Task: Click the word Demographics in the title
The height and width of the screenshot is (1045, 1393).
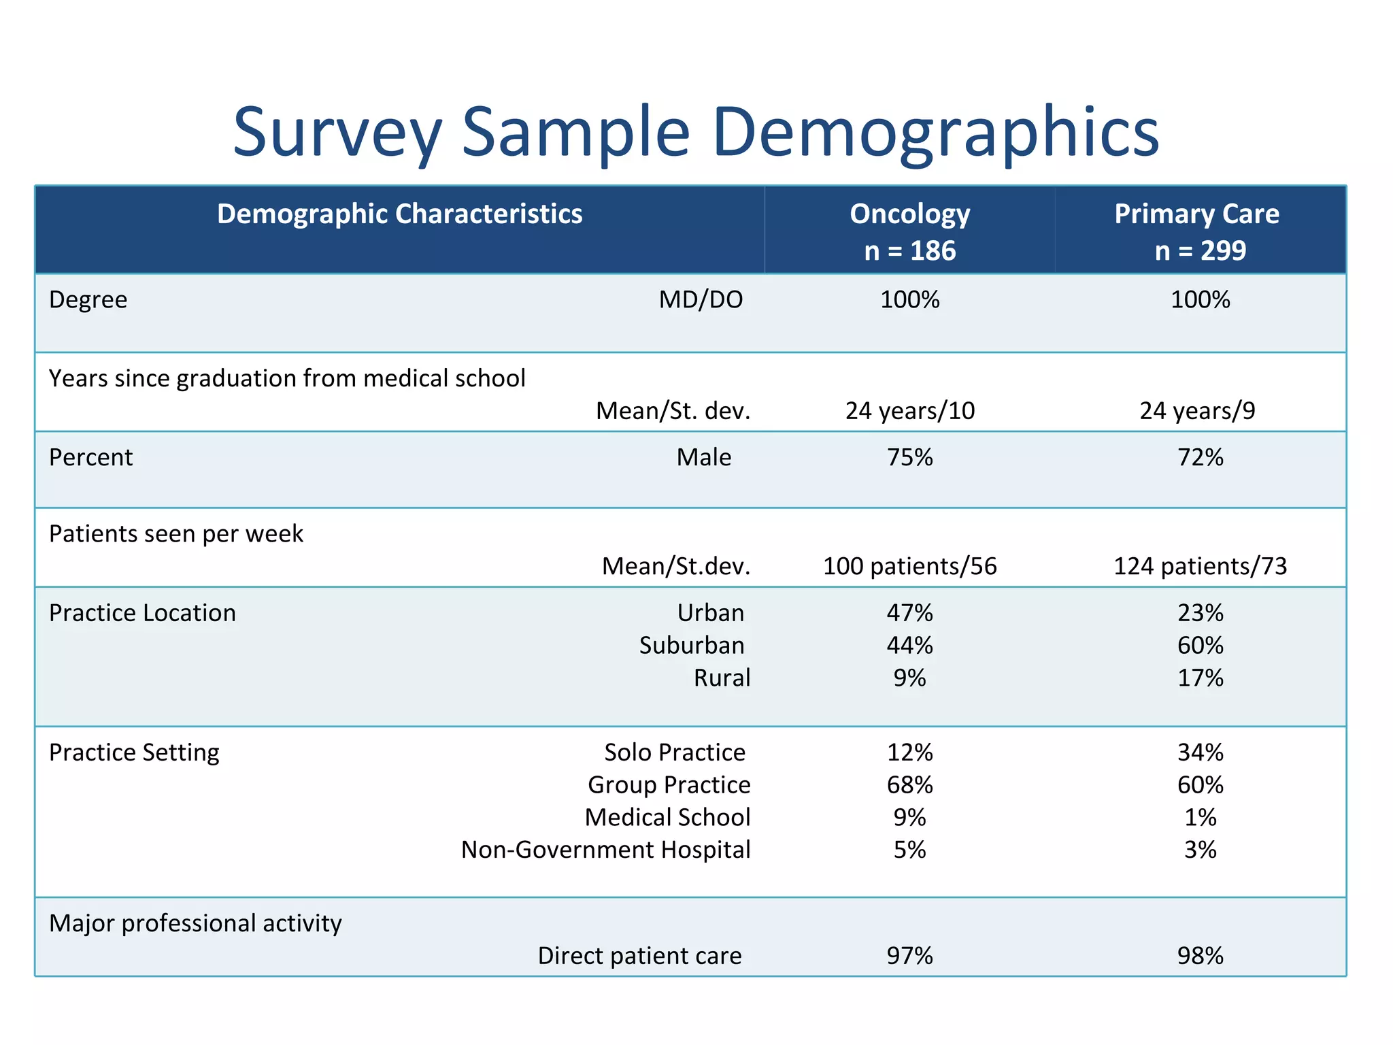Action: pyautogui.click(x=935, y=133)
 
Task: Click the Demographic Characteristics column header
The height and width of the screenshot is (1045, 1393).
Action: pyautogui.click(x=399, y=214)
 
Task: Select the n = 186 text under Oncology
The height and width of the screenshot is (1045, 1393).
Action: pyautogui.click(x=909, y=251)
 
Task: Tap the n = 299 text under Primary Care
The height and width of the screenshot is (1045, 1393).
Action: pyautogui.click(x=1200, y=251)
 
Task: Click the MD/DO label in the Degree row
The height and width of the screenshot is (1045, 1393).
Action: pyautogui.click(x=701, y=300)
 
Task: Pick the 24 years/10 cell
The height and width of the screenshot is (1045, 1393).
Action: pyautogui.click(x=909, y=411)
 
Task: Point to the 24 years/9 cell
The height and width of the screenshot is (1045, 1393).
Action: pyautogui.click(x=1197, y=411)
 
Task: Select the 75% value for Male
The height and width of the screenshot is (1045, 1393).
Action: pyautogui.click(x=909, y=457)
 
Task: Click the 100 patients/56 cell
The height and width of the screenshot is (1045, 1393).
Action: pyautogui.click(x=909, y=566)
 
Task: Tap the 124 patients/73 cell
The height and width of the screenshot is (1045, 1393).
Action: pyautogui.click(x=1200, y=566)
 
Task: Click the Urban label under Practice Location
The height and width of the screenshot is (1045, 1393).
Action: pyautogui.click(x=710, y=613)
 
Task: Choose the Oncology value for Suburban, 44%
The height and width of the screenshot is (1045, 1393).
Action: pyautogui.click(x=909, y=645)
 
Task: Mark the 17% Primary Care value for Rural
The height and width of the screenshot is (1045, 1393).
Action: pyautogui.click(x=1200, y=678)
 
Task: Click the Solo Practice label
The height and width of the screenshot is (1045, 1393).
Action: pyautogui.click(x=674, y=752)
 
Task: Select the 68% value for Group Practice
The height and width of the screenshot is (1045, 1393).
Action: pyautogui.click(x=909, y=785)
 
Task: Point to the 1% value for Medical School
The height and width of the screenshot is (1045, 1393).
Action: pyautogui.click(x=1200, y=817)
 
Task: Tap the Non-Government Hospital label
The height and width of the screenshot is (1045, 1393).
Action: pyautogui.click(x=605, y=850)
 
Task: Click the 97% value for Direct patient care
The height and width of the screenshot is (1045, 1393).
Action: pyautogui.click(x=909, y=956)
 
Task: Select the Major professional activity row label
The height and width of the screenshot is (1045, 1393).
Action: pyautogui.click(x=195, y=924)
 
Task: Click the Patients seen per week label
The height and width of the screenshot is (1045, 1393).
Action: pyautogui.click(x=175, y=534)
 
